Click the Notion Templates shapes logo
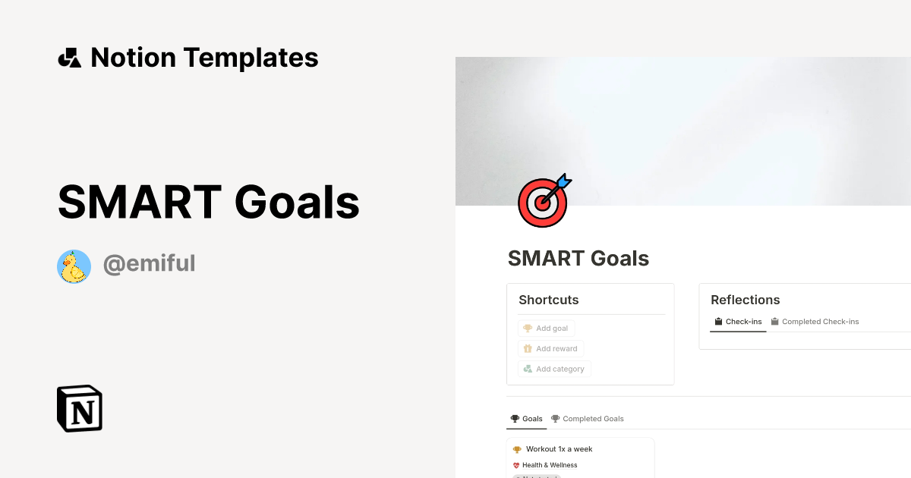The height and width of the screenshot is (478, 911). (69, 58)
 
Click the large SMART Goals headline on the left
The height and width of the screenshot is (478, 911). (209, 202)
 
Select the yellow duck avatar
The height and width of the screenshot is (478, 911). (74, 266)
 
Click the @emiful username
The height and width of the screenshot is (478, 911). (150, 264)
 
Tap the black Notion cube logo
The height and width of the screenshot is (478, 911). (80, 408)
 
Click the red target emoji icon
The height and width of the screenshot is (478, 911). (541, 203)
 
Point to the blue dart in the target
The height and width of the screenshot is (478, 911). (563, 182)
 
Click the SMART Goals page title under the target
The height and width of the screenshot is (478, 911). (578, 259)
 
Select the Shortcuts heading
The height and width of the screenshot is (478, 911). (549, 300)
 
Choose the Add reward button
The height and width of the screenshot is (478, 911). (550, 349)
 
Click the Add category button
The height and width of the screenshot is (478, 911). (554, 370)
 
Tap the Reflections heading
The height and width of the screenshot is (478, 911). (746, 300)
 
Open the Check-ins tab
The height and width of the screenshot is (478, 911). (738, 322)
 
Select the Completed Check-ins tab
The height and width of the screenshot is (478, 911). (815, 322)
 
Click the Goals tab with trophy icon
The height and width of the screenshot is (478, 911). (527, 419)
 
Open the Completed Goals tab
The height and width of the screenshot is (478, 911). (588, 419)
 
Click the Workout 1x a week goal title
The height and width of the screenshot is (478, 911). (559, 449)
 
